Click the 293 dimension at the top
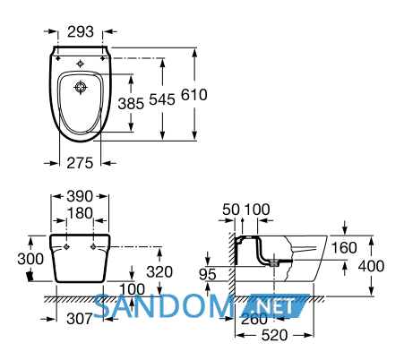[81, 31]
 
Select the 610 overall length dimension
[194, 95]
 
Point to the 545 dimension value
[162, 99]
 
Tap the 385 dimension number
[131, 104]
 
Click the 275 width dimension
[80, 163]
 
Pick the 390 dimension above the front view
[80, 196]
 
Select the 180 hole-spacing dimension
[80, 213]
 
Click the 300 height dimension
[30, 259]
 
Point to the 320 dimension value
[159, 272]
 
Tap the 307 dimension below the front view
[80, 319]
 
